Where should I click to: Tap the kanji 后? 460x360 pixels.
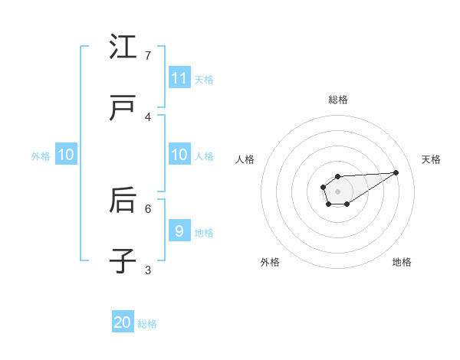(123, 201)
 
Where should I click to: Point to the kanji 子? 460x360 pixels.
(123, 261)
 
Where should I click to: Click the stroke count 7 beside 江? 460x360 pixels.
(148, 56)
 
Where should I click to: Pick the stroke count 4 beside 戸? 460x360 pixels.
(148, 117)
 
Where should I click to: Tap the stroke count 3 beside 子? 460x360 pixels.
(148, 270)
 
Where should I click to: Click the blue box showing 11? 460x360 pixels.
(179, 78)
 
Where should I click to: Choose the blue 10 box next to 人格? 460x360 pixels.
(179, 155)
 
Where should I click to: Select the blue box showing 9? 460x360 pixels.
(179, 231)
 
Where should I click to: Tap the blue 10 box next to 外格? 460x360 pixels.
(66, 155)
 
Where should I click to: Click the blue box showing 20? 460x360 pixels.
(123, 322)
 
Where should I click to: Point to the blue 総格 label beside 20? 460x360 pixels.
(147, 324)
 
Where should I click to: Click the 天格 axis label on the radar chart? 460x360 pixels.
(431, 159)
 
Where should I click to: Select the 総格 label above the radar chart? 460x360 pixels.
(338, 100)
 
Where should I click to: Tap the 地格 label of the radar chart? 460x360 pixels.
(402, 262)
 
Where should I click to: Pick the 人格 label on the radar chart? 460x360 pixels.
(245, 159)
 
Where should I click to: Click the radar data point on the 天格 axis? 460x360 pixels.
(396, 172)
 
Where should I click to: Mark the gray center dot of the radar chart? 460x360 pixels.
(337, 191)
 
